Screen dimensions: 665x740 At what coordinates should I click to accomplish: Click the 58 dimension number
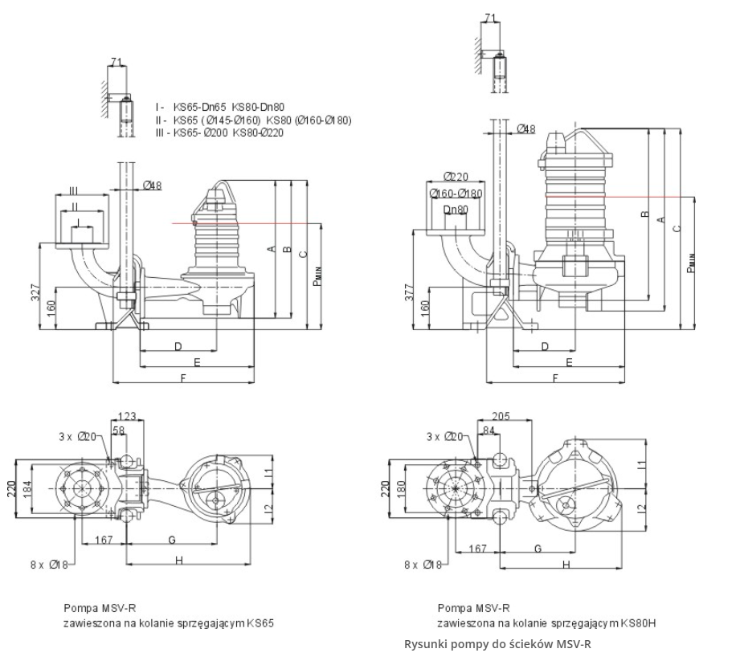point(120,431)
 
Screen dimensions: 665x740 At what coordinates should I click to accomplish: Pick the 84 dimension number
point(487,431)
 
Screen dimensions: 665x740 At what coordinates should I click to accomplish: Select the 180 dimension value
point(402,489)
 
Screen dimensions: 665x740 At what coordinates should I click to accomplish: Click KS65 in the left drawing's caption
point(264,622)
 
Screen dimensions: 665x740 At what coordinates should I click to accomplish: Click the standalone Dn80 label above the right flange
point(456,210)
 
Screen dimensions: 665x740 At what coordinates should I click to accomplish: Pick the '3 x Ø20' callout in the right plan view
point(444,436)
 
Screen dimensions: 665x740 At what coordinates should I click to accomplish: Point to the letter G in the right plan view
point(538,547)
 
